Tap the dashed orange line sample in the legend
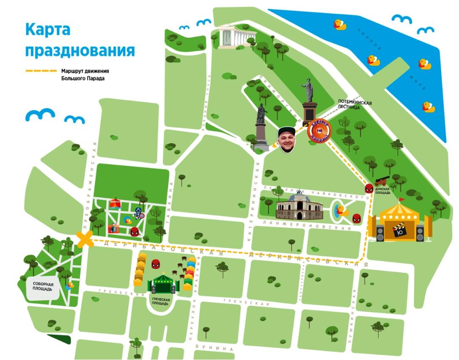click(41, 71)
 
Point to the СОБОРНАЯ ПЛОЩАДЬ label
click(42, 287)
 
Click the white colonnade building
click(233, 38)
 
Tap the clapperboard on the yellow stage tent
click(398, 232)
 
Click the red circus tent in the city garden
click(115, 203)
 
